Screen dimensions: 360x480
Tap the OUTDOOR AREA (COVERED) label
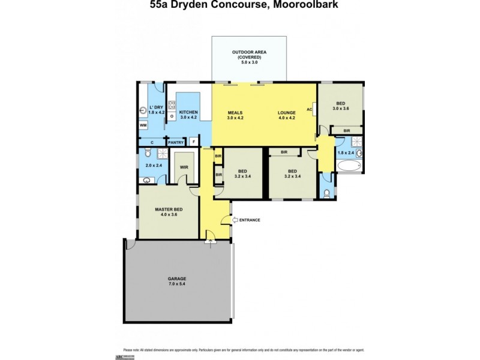pyautogui.click(x=249, y=57)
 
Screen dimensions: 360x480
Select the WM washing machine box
pyautogui.click(x=143, y=125)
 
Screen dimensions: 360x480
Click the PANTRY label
pyautogui.click(x=175, y=142)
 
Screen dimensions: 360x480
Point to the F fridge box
pyautogui.click(x=193, y=142)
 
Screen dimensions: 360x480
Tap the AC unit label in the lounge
pyautogui.click(x=310, y=110)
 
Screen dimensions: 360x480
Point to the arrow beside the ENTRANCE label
pyautogui.click(x=235, y=220)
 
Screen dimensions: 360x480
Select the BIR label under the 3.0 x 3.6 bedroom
pyautogui.click(x=347, y=130)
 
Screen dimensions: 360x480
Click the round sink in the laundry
pyautogui.click(x=142, y=110)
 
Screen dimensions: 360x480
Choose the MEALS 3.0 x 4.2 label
pyautogui.click(x=235, y=115)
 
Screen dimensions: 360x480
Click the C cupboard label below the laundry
pyautogui.click(x=152, y=142)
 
